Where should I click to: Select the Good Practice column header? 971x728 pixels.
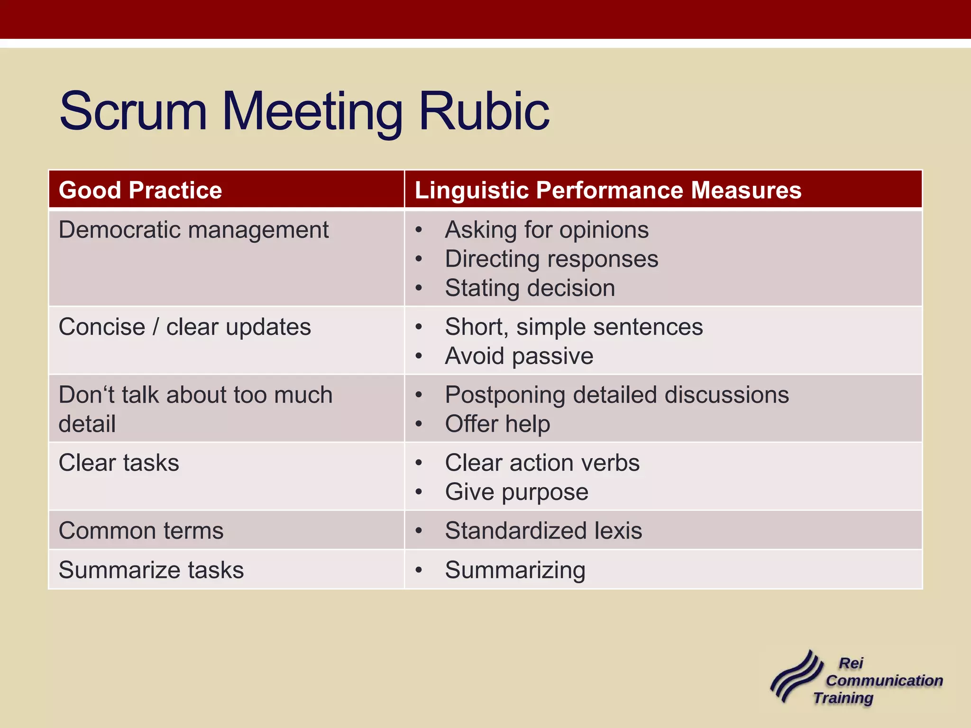click(x=140, y=190)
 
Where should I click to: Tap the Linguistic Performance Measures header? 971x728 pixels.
click(x=608, y=190)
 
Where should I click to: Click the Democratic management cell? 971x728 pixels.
click(x=193, y=230)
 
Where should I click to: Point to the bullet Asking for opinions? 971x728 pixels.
click(x=546, y=230)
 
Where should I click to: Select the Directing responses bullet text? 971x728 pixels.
click(x=551, y=259)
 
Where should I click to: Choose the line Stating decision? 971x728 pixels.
click(x=530, y=288)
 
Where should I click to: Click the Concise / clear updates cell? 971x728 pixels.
click(x=184, y=327)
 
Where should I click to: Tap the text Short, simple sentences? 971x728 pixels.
click(x=574, y=327)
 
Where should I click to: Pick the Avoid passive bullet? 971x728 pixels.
click(x=519, y=356)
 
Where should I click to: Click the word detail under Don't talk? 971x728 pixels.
click(x=87, y=424)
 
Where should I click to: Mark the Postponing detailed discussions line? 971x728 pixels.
click(x=616, y=395)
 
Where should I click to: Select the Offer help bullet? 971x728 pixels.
click(x=497, y=424)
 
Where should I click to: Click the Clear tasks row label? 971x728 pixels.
click(x=119, y=463)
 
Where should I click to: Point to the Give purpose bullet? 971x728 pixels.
click(x=516, y=492)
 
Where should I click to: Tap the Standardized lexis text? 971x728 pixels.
click(x=543, y=531)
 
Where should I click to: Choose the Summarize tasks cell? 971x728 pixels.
click(x=151, y=570)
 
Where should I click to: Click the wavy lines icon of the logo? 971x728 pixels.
click(x=797, y=676)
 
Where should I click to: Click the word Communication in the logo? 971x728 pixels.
click(x=884, y=681)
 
